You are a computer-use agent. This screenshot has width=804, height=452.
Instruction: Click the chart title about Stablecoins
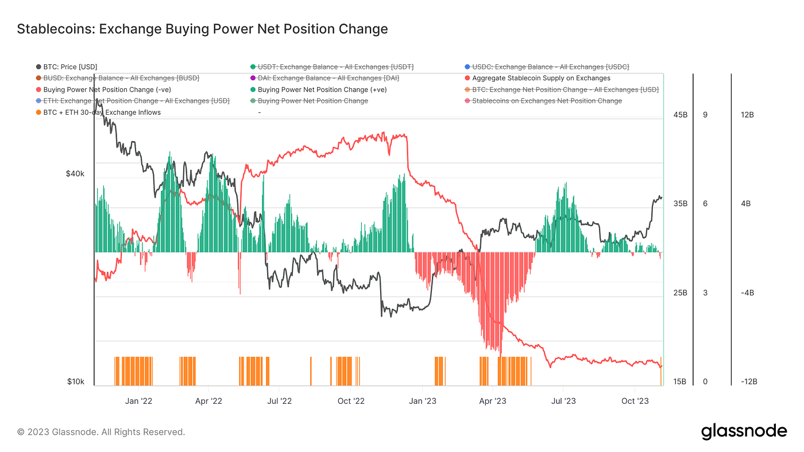(x=202, y=29)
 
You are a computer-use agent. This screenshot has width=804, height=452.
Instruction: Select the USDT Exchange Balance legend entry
(x=335, y=67)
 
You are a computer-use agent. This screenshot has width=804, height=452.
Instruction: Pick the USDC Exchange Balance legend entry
(x=550, y=67)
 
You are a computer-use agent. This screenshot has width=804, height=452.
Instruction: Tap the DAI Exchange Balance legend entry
(x=328, y=78)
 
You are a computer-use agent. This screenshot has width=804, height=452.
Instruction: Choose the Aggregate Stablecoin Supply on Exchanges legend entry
(x=541, y=78)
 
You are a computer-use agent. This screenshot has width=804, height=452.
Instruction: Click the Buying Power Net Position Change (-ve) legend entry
(x=107, y=89)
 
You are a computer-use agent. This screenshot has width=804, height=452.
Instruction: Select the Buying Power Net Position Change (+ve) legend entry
(x=322, y=89)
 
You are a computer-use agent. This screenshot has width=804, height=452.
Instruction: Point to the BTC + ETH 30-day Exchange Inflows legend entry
(x=102, y=112)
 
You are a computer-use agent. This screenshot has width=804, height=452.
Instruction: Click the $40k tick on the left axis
(x=75, y=174)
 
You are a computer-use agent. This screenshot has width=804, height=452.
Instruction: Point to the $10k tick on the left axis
(x=75, y=382)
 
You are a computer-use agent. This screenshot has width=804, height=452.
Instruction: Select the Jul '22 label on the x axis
(x=280, y=401)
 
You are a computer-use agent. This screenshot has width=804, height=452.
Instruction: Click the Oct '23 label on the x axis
(x=635, y=401)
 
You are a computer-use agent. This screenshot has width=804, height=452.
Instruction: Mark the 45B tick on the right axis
(x=680, y=115)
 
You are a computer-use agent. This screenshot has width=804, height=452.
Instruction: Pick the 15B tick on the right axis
(x=680, y=382)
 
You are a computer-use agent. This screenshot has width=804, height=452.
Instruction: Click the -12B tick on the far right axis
(x=747, y=382)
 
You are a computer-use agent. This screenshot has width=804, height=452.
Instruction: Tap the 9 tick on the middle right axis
(x=705, y=115)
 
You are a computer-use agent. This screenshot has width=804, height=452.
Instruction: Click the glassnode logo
(x=744, y=431)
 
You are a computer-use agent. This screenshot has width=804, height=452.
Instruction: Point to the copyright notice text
(x=101, y=432)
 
